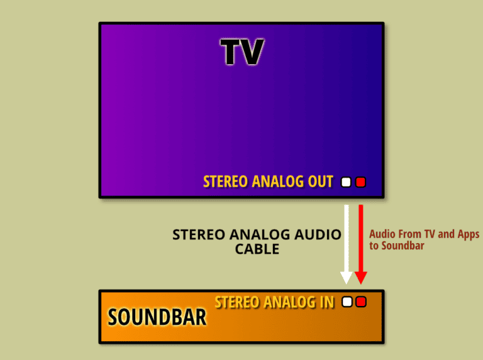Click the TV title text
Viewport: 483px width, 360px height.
click(x=241, y=52)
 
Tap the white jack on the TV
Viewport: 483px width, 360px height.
click(x=345, y=183)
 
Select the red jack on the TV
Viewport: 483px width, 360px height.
click(x=360, y=183)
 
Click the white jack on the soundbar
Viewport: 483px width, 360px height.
click(x=347, y=302)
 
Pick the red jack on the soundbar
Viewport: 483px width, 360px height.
click(x=360, y=302)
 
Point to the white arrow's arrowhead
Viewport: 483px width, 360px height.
click(x=346, y=277)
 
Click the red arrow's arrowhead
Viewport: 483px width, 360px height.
click(x=360, y=277)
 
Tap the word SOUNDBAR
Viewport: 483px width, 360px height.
click(x=157, y=317)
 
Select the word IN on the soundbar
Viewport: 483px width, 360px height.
click(x=326, y=302)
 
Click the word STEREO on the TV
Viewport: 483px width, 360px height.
click(x=225, y=182)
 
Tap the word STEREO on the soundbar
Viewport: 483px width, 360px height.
click(x=237, y=302)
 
